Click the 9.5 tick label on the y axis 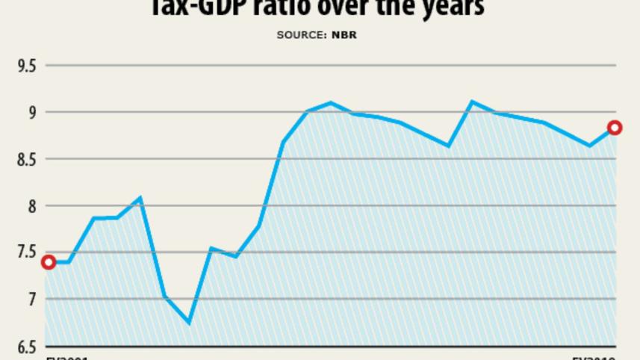tap(27, 66)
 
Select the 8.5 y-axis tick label tap(27, 159)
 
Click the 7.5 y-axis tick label tap(27, 252)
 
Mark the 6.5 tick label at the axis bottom tap(27, 346)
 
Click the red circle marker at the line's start tap(49, 262)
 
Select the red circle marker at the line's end tap(615, 128)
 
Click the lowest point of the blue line tap(188, 323)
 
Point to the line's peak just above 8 tap(140, 198)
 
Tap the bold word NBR tap(344, 35)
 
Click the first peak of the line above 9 tap(330, 102)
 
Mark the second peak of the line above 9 tap(471, 102)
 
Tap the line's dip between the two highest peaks tap(448, 146)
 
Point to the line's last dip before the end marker tap(589, 146)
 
